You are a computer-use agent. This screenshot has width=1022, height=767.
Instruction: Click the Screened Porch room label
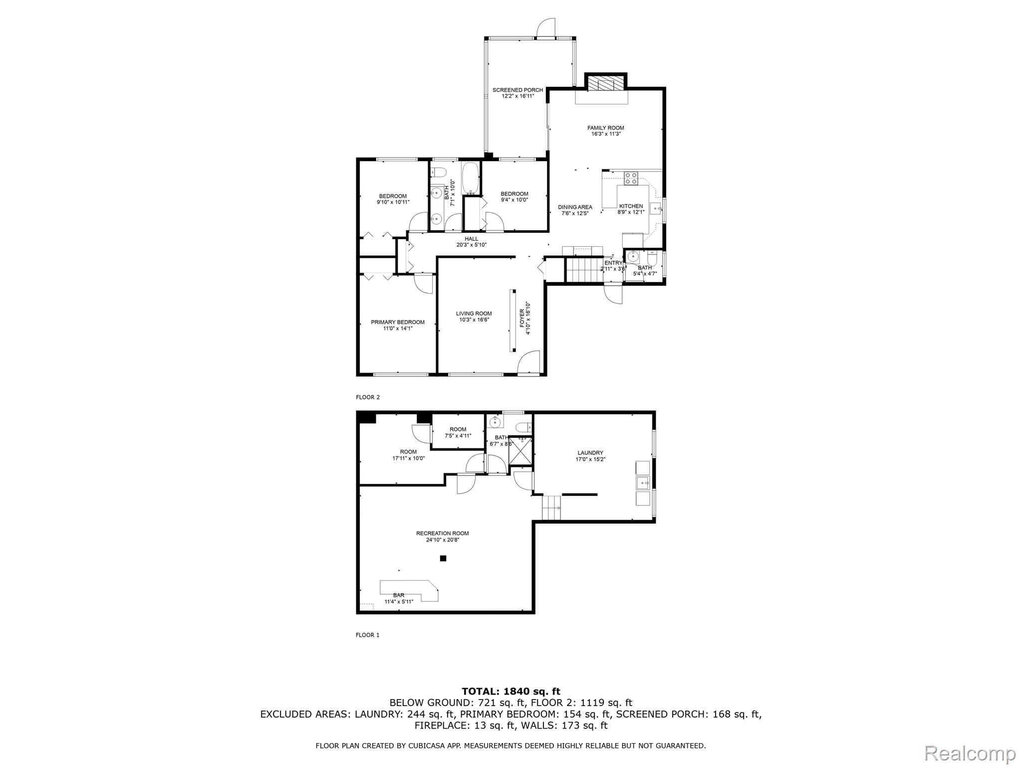[x=517, y=93]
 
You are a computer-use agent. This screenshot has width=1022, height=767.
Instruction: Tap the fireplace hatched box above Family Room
[x=605, y=83]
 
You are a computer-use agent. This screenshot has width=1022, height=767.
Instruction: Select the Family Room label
[x=606, y=131]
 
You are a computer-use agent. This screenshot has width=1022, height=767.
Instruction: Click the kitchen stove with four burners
[x=631, y=178]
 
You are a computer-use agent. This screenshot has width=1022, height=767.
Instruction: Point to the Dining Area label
[x=575, y=210]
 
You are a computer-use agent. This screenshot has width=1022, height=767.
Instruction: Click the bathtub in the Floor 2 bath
[x=471, y=178]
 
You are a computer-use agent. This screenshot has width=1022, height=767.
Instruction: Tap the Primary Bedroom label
[x=398, y=325]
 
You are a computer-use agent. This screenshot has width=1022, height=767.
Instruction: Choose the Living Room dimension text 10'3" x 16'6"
[x=474, y=320]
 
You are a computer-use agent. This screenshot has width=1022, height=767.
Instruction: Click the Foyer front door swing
[x=528, y=363]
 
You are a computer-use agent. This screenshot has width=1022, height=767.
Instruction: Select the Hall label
[x=472, y=242]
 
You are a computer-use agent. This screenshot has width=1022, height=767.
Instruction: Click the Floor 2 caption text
[x=368, y=397]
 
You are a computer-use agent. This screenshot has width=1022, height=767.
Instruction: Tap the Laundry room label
[x=591, y=456]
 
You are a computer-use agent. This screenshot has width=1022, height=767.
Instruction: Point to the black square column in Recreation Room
[x=443, y=558]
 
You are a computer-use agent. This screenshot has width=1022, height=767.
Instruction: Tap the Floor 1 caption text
[x=368, y=635]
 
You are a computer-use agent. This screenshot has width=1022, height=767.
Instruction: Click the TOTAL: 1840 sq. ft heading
[x=511, y=692]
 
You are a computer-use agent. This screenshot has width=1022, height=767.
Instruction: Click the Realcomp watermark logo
[x=970, y=753]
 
